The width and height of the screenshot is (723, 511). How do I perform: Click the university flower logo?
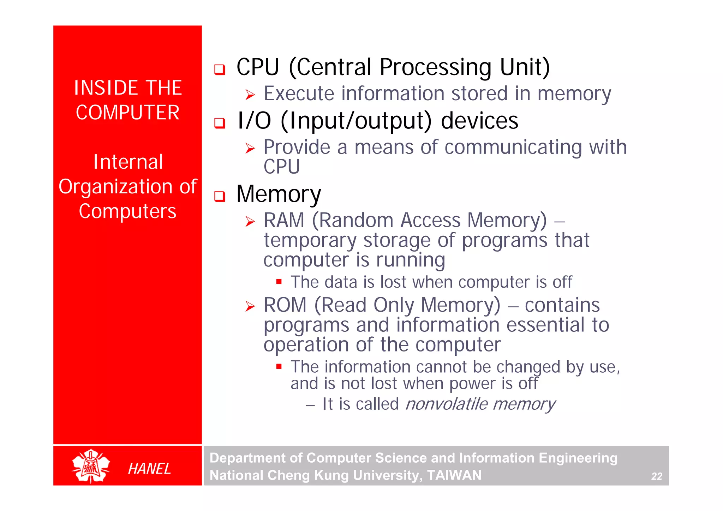coord(91,466)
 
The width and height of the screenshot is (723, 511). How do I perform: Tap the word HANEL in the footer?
coord(149,469)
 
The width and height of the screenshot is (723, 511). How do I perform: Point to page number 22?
coord(656,476)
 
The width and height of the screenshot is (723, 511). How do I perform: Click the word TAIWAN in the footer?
coord(454,475)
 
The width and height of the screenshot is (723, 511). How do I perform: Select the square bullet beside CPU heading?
coord(220,69)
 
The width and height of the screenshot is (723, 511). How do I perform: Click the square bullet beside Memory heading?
coord(220,196)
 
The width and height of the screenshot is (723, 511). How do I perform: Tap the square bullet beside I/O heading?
coord(220,123)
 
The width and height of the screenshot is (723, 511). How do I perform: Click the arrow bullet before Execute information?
coord(250,95)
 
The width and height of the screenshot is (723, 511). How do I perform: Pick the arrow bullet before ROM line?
coord(250,306)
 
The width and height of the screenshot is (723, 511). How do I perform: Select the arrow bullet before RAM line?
coord(250,222)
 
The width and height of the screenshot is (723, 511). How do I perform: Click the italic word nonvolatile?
coord(446,404)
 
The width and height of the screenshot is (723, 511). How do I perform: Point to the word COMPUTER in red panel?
coord(127,113)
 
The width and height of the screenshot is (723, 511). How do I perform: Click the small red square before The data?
coord(279,282)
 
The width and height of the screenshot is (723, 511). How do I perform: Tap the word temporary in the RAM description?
coord(310,241)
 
